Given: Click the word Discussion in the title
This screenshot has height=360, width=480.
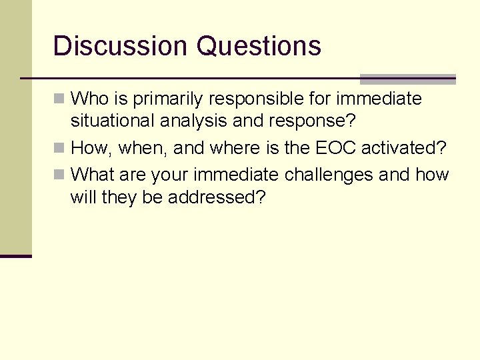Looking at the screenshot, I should click(120, 46).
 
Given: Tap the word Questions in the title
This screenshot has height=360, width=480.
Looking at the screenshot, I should click(259, 47).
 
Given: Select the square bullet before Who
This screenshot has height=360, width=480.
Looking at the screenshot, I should click(59, 99).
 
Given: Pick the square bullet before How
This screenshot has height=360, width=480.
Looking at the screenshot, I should click(59, 148).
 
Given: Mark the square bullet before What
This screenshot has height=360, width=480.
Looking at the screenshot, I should click(59, 175).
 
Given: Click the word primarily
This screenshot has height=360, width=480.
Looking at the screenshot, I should click(170, 99).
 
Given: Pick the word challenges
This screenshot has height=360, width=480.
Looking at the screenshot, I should click(329, 175).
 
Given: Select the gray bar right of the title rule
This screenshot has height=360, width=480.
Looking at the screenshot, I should click(407, 79).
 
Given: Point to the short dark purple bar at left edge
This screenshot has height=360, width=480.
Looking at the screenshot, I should click(15, 255).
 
